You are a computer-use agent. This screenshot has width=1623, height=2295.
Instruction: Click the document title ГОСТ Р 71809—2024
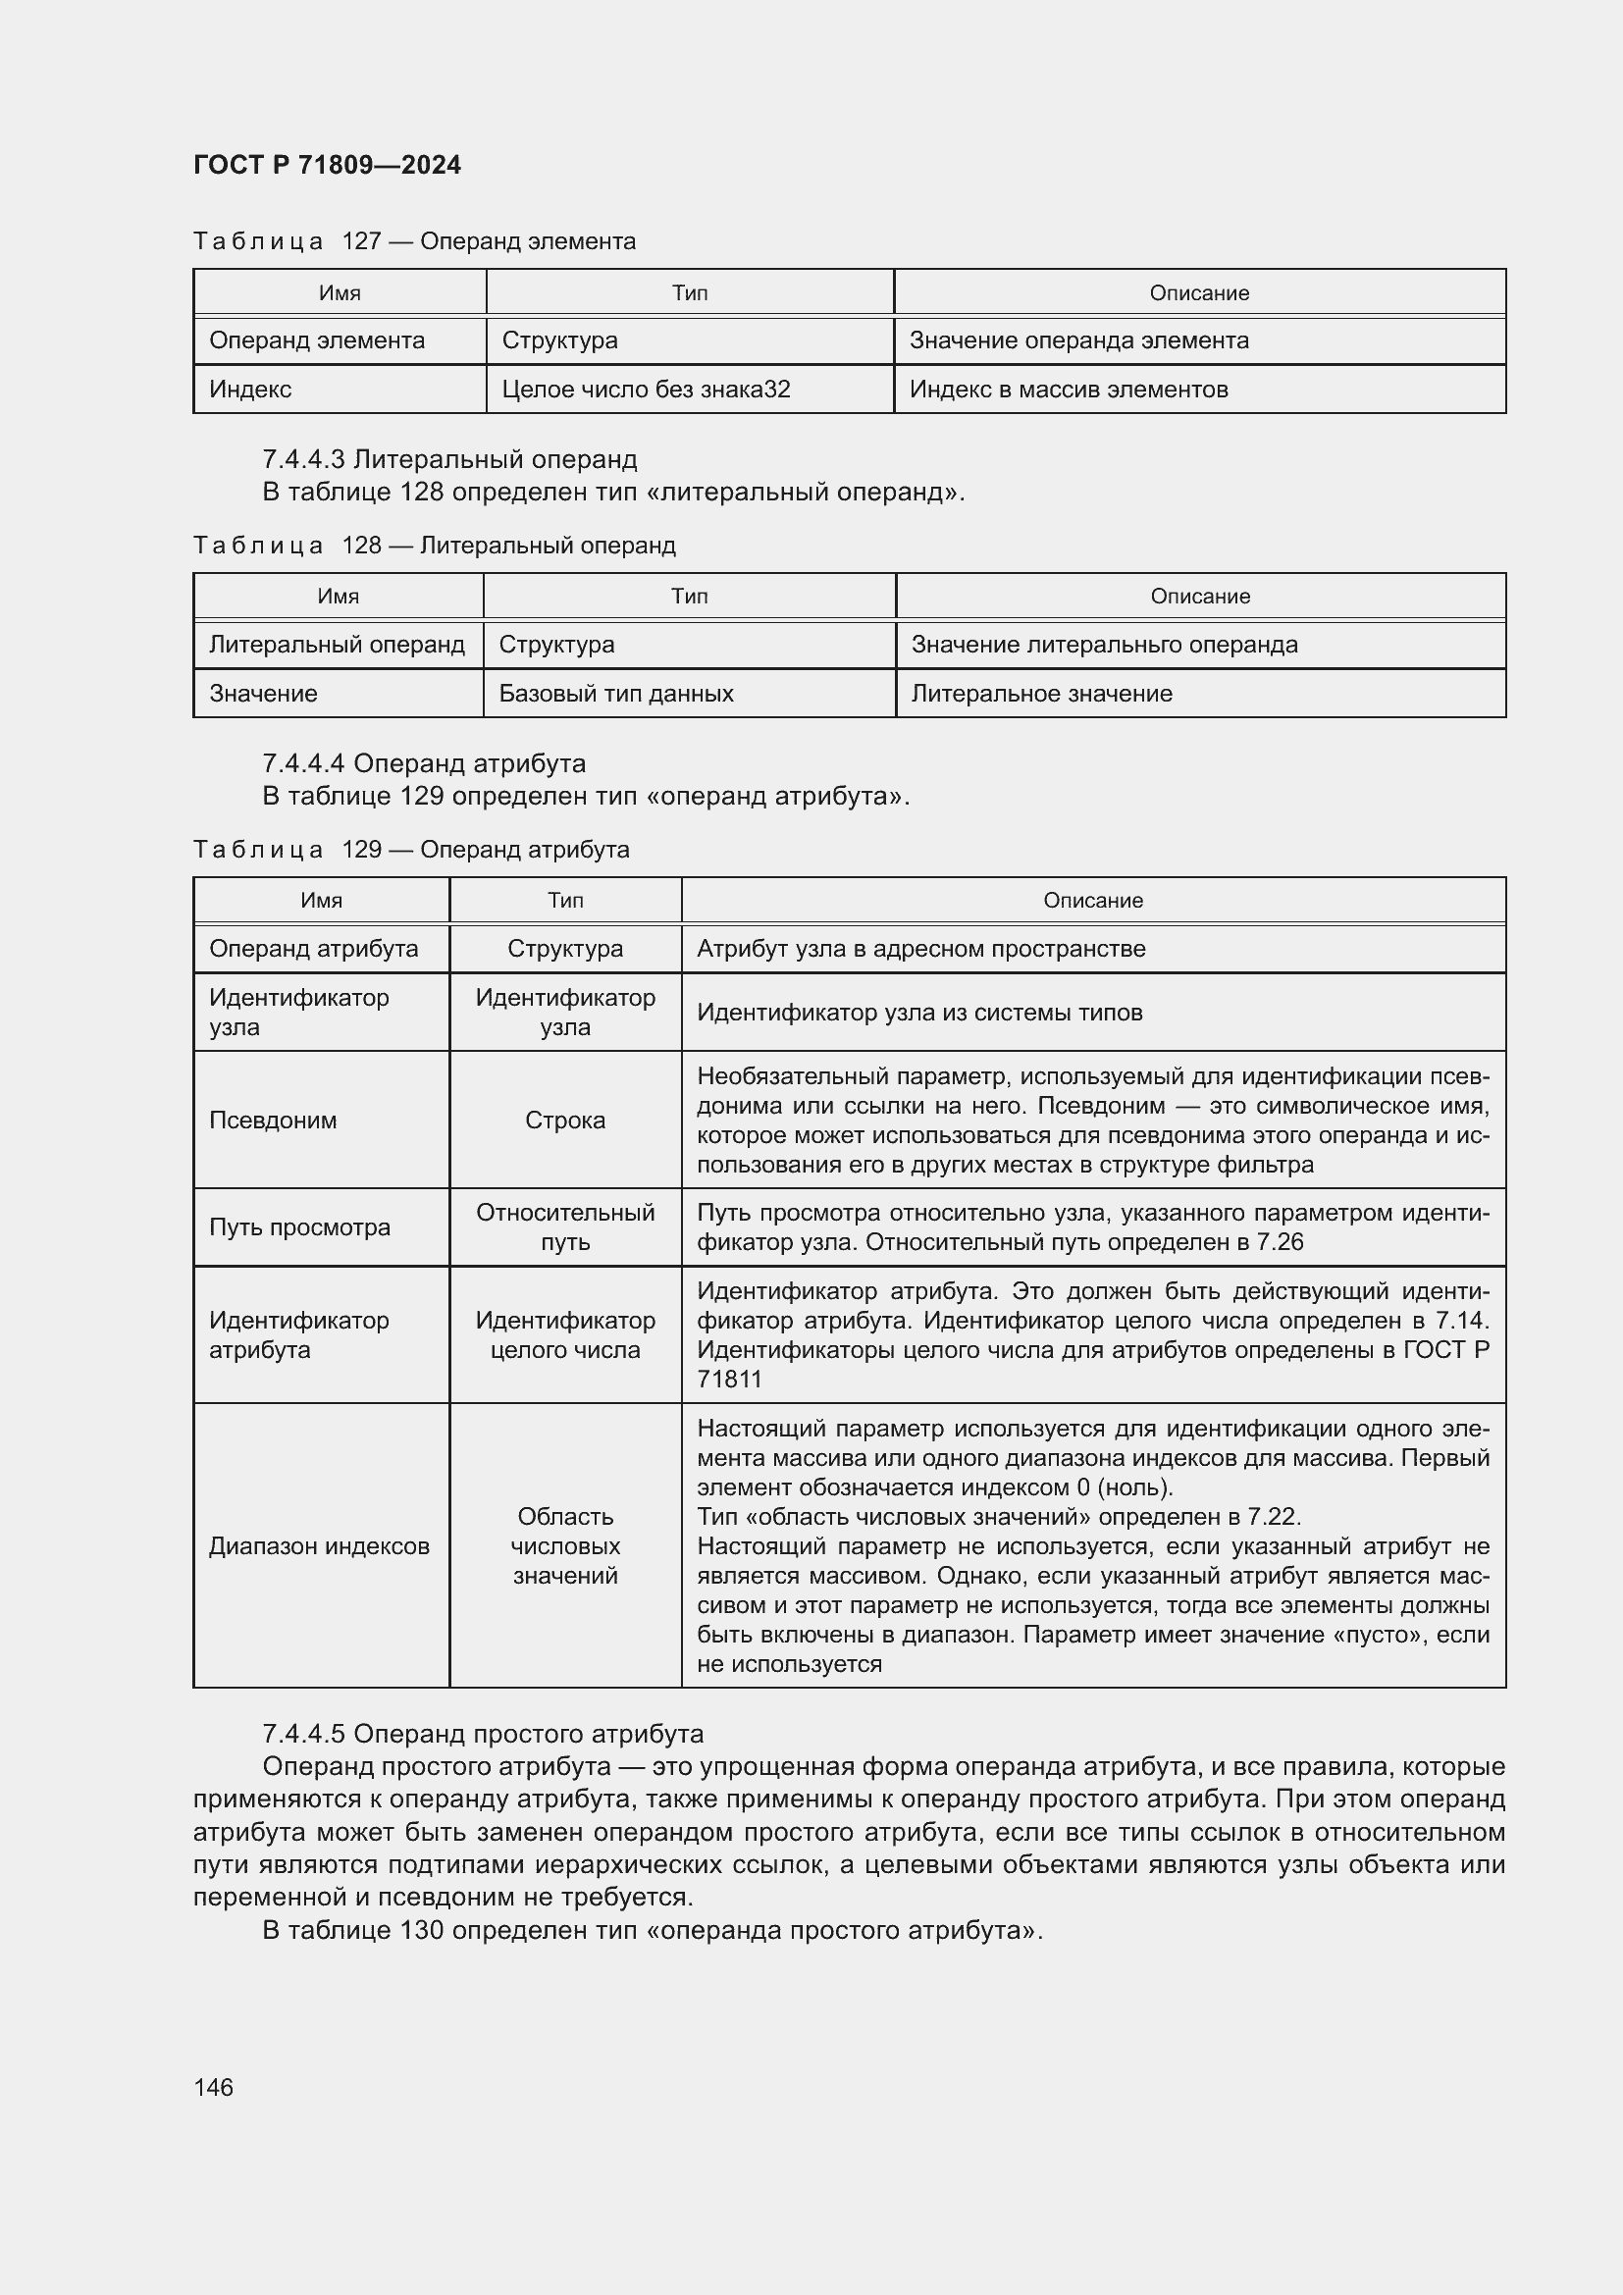pos(327,165)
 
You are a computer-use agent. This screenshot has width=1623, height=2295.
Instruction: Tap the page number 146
pos(213,2087)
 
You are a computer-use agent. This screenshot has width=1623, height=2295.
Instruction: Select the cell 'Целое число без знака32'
pos(646,389)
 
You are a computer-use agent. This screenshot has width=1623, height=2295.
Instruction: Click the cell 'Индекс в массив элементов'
pos(1068,389)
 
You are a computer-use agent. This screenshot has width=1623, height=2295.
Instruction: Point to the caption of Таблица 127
pos(414,241)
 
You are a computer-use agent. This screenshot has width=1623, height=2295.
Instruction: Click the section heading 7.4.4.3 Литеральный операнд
pos(448,459)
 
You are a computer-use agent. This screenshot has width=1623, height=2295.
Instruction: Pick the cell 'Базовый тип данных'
pos(615,693)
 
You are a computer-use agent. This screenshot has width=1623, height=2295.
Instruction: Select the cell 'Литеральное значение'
pos(1040,693)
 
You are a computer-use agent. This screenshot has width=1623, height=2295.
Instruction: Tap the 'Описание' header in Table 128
pos(1199,596)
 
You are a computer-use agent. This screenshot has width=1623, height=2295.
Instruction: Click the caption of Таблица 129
pos(411,849)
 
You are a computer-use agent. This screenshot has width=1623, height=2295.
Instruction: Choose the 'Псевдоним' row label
pos(273,1120)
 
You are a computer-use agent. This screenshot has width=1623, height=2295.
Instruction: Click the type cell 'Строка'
pos(564,1120)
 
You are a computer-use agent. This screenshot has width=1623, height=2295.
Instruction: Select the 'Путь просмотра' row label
pos(299,1226)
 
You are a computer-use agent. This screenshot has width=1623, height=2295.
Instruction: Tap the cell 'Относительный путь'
pos(564,1226)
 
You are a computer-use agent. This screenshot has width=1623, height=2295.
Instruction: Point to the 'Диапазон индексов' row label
pos(319,1545)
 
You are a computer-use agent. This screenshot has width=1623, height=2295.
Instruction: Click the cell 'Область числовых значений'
pos(564,1545)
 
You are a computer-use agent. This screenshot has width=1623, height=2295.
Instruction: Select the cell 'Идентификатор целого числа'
pos(564,1334)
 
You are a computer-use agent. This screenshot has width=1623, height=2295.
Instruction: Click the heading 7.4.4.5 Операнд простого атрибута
pos(483,1733)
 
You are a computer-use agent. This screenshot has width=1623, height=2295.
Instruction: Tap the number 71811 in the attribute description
pos(728,1380)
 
